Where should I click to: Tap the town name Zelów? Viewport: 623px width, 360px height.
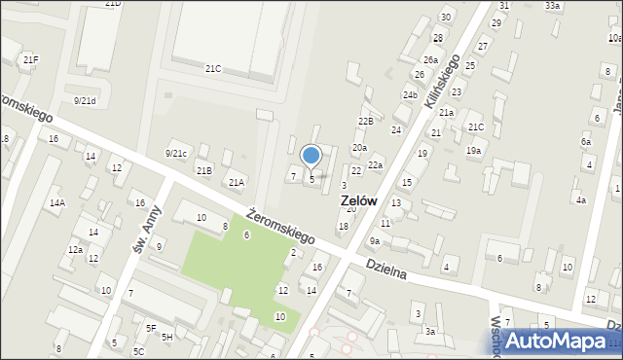359,200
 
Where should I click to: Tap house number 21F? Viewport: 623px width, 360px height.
31,60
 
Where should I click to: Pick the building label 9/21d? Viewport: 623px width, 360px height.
86,100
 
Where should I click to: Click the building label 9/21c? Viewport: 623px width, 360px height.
175,153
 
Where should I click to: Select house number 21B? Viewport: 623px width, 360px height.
203,171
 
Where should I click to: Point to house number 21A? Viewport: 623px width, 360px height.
236,182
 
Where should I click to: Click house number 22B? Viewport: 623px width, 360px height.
365,121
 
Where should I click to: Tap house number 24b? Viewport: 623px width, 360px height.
410,95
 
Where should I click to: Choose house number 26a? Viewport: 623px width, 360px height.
430,60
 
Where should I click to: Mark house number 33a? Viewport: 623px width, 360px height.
552,6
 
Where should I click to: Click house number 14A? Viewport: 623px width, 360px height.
57,203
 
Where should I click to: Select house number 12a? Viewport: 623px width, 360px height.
75,250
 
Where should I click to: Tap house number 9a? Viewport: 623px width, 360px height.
374,240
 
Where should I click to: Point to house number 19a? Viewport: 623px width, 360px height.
473,151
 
